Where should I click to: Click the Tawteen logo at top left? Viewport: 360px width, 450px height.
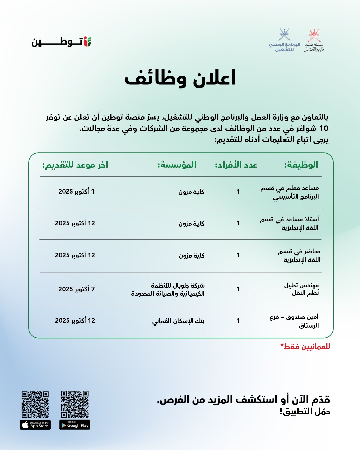(61, 42)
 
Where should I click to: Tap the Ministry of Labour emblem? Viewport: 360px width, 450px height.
(314, 40)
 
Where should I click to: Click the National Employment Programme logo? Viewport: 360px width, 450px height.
(284, 40)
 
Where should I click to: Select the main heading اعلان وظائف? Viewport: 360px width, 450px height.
(180, 78)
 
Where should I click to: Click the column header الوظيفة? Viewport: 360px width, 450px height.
(301, 165)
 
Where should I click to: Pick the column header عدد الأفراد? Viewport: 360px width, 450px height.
(236, 165)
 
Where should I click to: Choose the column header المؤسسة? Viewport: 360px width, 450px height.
(177, 165)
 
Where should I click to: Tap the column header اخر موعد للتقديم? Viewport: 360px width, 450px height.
(75, 165)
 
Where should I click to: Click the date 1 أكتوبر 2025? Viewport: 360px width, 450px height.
(76, 191)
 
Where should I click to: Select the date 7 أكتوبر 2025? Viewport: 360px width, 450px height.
(76, 289)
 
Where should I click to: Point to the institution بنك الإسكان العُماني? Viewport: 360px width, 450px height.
(178, 321)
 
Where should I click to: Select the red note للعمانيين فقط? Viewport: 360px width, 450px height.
(305, 346)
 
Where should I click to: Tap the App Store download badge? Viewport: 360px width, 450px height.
(35, 425)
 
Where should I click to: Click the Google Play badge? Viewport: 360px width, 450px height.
(75, 425)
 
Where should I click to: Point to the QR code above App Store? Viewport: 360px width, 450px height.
(35, 404)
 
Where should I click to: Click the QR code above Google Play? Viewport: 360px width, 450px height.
(75, 404)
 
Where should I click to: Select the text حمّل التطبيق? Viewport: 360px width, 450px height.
(305, 412)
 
